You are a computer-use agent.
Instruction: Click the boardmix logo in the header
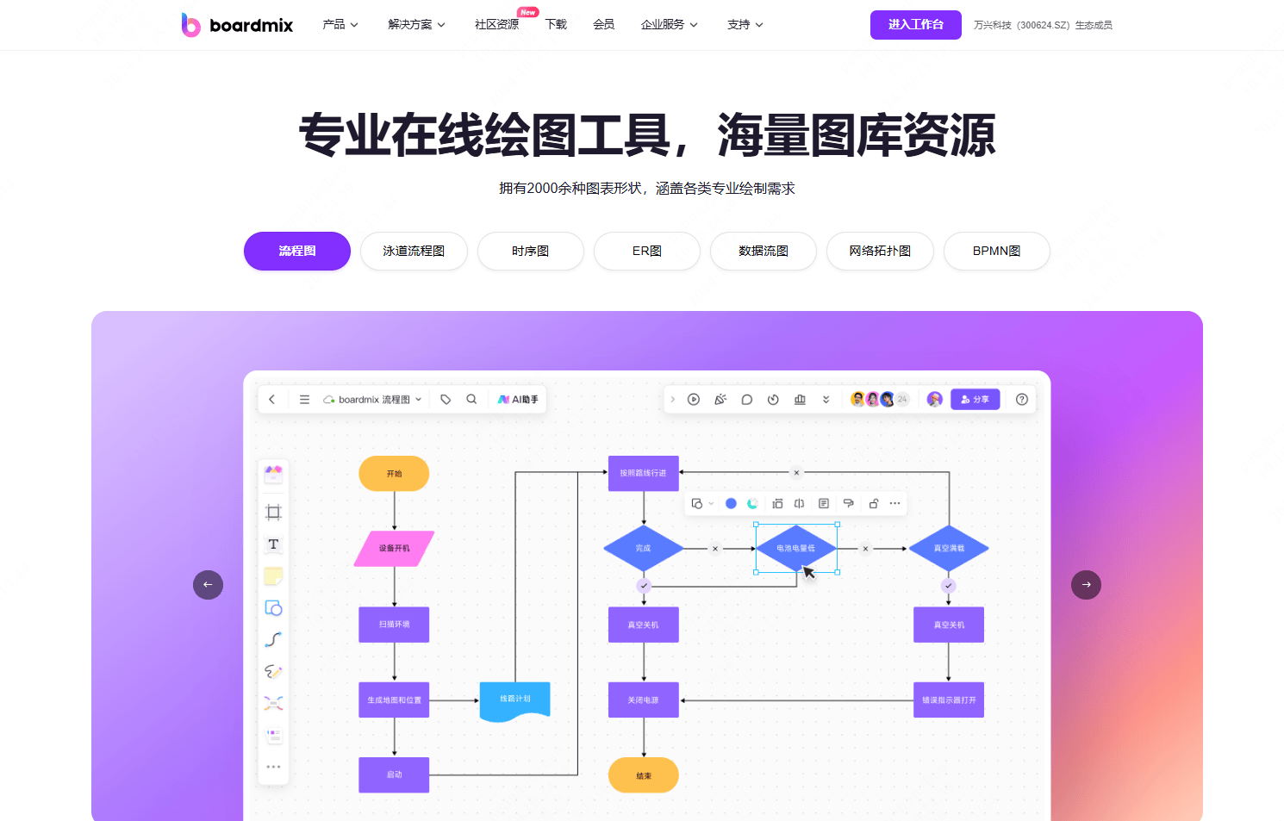tap(237, 25)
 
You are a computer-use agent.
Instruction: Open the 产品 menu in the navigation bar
tap(340, 25)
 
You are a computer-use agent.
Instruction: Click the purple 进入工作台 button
tap(915, 25)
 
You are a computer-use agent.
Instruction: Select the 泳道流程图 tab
tap(414, 252)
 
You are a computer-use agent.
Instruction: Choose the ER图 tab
tap(646, 252)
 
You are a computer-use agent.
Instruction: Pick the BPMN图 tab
tap(996, 252)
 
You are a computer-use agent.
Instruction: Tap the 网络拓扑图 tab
tap(880, 252)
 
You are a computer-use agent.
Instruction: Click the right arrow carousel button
tap(1086, 585)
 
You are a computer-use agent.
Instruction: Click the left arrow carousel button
tap(208, 585)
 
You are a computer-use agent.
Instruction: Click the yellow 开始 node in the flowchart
tap(394, 474)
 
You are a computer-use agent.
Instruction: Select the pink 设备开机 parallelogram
tap(394, 549)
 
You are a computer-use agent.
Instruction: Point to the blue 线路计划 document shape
tap(514, 700)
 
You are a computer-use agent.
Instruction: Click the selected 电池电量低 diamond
tap(795, 548)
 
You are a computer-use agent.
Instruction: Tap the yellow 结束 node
tap(643, 775)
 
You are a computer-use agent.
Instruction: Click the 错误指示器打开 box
tap(948, 700)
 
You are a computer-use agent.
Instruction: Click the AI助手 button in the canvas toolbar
tap(518, 400)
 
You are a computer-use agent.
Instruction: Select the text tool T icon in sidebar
tap(273, 544)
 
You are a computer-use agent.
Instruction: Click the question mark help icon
tap(1022, 400)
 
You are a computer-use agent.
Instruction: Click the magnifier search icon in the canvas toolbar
tap(471, 400)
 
